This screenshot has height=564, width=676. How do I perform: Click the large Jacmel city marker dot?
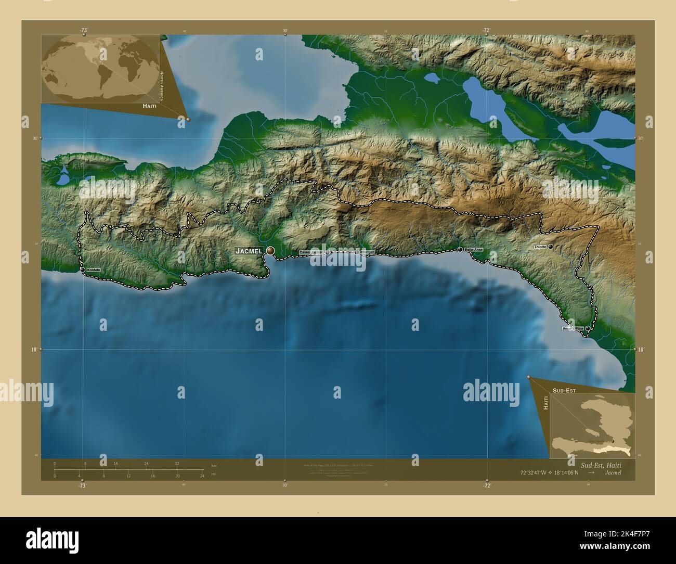(270, 251)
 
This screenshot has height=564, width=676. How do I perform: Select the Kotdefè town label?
(94, 270)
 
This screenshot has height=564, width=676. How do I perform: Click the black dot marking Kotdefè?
(83, 270)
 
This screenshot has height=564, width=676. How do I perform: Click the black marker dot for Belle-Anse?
(460, 250)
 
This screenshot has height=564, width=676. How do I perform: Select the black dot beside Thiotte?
(550, 247)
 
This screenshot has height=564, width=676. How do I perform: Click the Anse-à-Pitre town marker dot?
(588, 328)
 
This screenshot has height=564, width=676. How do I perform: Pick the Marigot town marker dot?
(357, 252)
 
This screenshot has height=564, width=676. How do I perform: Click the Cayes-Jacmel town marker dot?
(328, 252)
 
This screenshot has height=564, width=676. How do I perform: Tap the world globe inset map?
(100, 69)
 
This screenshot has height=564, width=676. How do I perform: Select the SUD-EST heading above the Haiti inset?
(564, 389)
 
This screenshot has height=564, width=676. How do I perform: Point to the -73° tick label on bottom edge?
(82, 485)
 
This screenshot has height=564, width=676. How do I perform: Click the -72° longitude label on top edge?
(487, 30)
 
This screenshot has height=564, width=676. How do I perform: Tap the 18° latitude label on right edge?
(641, 350)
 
